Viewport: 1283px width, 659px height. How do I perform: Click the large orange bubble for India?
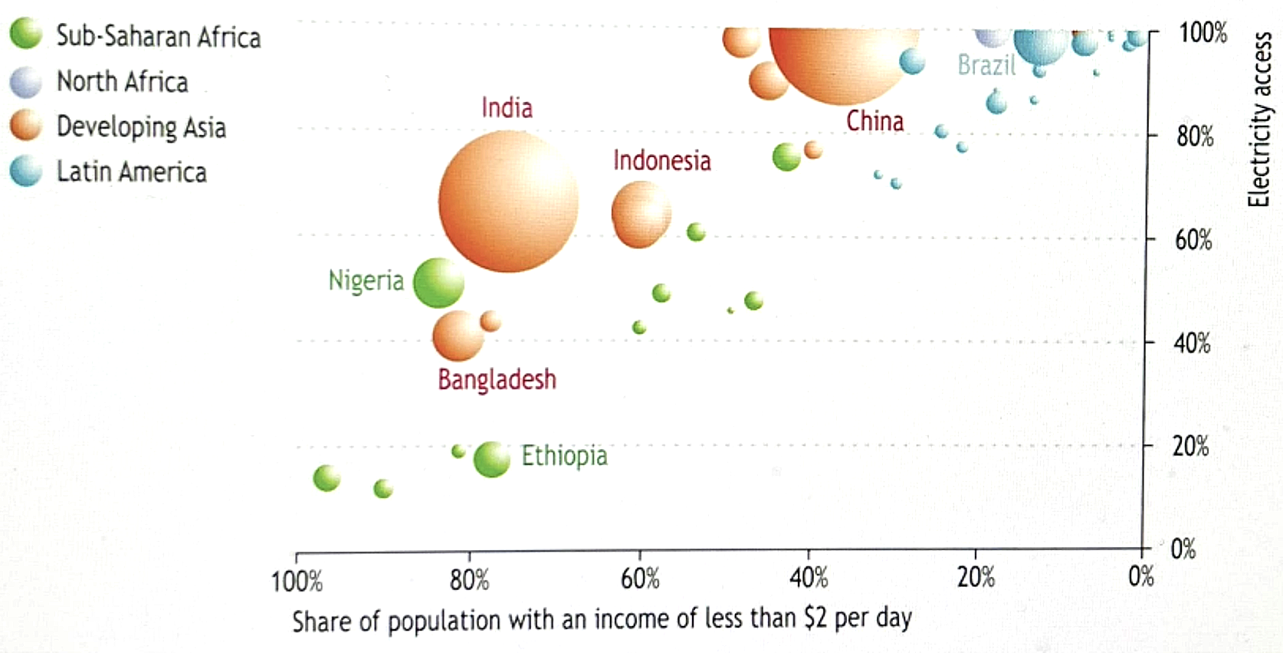click(508, 202)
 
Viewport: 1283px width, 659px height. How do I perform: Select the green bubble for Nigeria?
click(438, 283)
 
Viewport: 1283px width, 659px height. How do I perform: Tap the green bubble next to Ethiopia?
click(491, 459)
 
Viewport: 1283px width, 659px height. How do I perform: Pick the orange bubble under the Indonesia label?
click(641, 215)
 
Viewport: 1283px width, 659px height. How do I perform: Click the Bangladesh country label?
click(497, 379)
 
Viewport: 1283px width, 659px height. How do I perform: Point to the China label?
click(874, 121)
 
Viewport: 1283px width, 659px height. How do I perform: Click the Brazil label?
click(986, 65)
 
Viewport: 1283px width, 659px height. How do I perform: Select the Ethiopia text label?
click(564, 456)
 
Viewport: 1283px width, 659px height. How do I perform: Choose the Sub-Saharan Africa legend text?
click(159, 37)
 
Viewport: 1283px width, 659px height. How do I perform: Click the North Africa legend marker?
click(25, 82)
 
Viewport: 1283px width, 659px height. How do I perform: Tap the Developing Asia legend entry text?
click(141, 127)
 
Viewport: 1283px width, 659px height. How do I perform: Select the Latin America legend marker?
click(25, 172)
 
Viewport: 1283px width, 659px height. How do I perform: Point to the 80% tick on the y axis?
click(1195, 137)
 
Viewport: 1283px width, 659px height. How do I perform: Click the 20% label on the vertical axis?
click(1190, 446)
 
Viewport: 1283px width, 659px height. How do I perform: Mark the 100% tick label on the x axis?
click(297, 581)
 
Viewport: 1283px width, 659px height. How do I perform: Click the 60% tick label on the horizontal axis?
click(640, 579)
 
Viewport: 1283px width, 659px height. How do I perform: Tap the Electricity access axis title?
click(1259, 120)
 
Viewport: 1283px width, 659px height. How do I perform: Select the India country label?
click(507, 108)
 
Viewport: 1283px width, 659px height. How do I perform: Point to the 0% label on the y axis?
click(1183, 549)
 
